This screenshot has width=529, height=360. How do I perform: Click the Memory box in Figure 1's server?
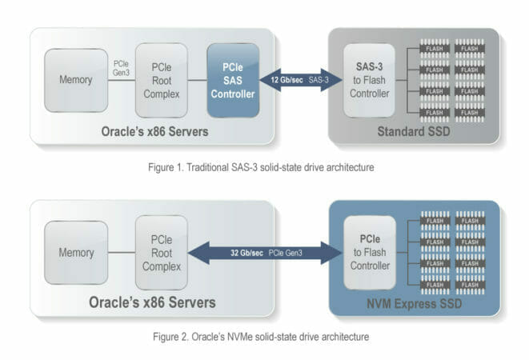74,80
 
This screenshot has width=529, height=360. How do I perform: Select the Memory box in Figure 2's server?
74,253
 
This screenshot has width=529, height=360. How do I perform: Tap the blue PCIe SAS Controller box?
233,80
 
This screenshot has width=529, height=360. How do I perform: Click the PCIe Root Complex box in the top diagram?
161,80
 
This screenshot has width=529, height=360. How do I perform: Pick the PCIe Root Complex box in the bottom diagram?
161,253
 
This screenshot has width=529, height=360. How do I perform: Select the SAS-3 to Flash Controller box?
369,80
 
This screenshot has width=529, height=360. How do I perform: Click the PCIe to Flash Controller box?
369,253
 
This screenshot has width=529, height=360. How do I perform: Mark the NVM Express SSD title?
415,303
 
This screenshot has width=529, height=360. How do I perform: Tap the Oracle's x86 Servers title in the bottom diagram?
161,303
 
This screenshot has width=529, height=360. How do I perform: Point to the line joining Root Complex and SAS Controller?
198,81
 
